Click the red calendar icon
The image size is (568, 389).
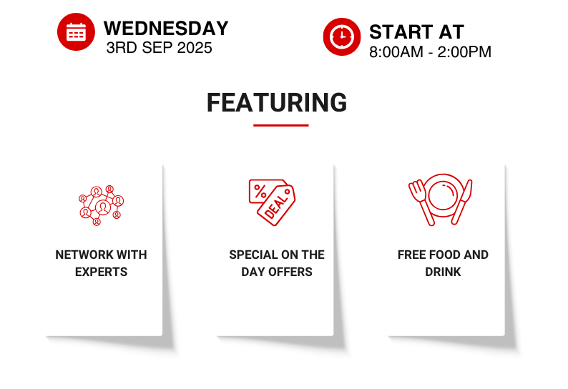(76, 32)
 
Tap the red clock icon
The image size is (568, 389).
(342, 36)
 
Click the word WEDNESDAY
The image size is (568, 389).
(166, 29)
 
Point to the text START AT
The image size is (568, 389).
(416, 32)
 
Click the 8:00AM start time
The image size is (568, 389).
(396, 51)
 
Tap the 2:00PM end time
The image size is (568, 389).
(464, 51)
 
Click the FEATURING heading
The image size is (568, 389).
(277, 102)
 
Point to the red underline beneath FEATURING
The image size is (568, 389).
(280, 125)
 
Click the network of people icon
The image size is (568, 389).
(101, 205)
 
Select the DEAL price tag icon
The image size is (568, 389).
(272, 202)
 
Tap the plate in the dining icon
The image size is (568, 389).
(443, 196)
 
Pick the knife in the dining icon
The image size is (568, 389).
(463, 202)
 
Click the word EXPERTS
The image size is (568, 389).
(101, 272)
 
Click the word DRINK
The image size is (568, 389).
(443, 272)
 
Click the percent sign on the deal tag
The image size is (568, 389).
(260, 191)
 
